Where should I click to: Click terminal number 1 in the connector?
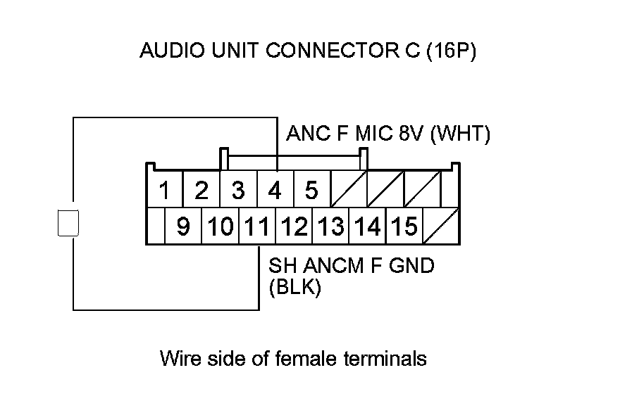(164, 190)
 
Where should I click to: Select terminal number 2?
(201, 190)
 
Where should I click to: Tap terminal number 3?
(238, 190)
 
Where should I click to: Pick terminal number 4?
(275, 190)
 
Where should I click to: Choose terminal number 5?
(311, 190)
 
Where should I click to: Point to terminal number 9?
(183, 227)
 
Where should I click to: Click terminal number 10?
(221, 227)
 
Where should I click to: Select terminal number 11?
(257, 227)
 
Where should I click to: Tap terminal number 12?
(294, 227)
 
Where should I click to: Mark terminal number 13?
(330, 227)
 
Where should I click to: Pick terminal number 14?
(367, 227)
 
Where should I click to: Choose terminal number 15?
(404, 227)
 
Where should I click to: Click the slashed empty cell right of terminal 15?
(440, 227)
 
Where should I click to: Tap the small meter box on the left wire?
(68, 223)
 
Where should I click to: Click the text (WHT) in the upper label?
(460, 134)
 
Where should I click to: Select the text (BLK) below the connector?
(295, 287)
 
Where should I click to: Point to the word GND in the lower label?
(411, 266)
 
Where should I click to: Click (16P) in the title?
(451, 51)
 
